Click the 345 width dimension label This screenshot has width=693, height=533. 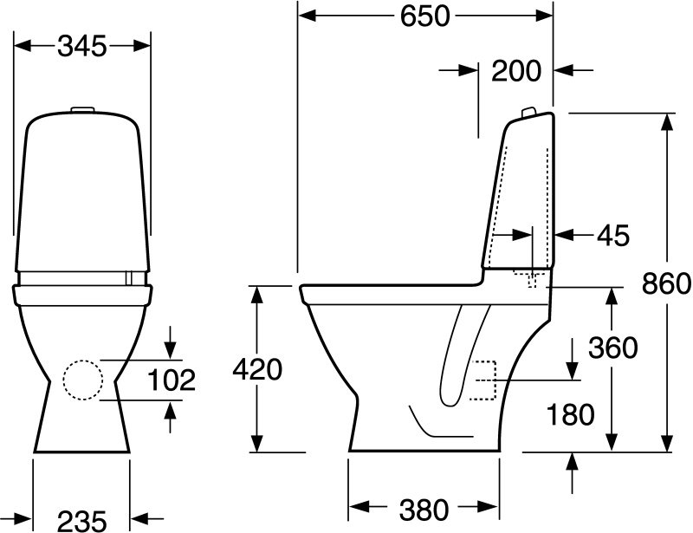[x=82, y=46]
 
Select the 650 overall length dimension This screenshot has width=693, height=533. [x=424, y=16]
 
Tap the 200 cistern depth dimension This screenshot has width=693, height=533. [x=516, y=71]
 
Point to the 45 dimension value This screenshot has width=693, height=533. [x=613, y=236]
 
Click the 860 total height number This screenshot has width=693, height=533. [x=666, y=283]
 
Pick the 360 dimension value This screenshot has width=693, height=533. [x=613, y=348]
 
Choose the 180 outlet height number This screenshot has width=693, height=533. [x=571, y=414]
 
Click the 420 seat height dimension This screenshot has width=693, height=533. [x=257, y=369]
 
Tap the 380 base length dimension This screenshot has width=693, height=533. [x=424, y=510]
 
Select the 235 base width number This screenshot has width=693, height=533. [x=82, y=521]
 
